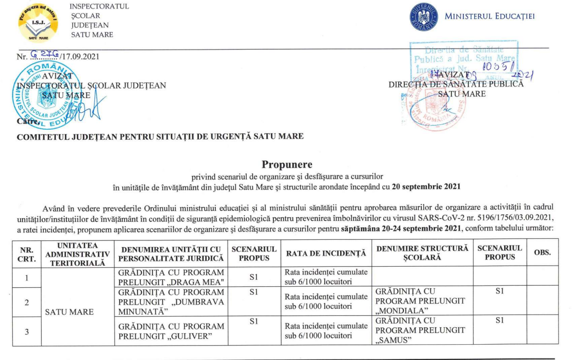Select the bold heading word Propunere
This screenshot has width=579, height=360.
pos(287,164)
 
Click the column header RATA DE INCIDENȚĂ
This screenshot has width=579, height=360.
pos(325,254)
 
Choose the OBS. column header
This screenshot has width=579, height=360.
pos(543,253)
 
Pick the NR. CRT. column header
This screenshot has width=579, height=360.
pos(27,254)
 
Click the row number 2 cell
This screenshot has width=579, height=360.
pos(26,302)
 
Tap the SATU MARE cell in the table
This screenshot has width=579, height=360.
pos(70,312)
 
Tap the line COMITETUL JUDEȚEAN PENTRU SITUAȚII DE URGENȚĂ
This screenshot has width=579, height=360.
pos(160,137)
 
